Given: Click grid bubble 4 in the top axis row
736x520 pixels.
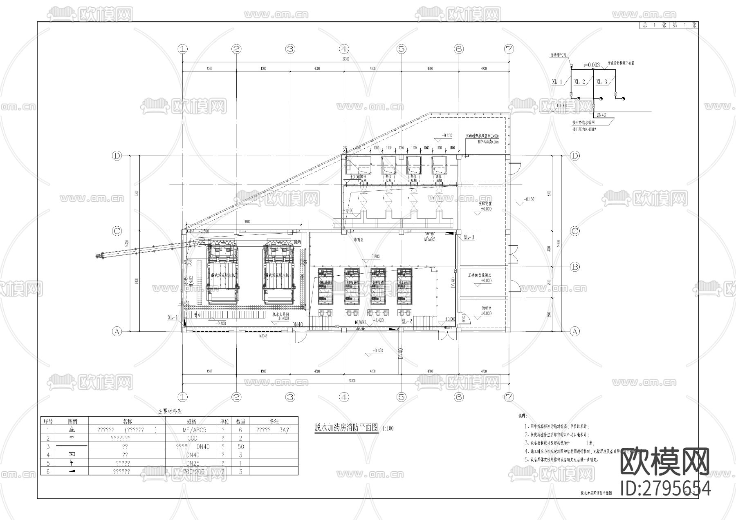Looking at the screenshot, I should tap(344, 49).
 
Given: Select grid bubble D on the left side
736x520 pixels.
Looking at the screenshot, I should tap(117, 156).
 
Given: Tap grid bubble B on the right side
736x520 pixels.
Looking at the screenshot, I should tap(575, 267).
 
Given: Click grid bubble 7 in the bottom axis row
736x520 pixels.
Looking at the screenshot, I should tap(509, 397).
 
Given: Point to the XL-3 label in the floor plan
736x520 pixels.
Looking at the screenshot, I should tap(469, 237).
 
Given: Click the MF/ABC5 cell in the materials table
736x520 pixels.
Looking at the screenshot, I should tap(194, 430).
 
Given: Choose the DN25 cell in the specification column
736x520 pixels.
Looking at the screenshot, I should tap(193, 463).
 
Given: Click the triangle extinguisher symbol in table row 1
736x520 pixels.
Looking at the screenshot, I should tap(72, 430).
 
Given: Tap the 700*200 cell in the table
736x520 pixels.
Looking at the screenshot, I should tap(194, 471).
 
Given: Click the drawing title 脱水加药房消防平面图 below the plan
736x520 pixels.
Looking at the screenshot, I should tap(346, 428).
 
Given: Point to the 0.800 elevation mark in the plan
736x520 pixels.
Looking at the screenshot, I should tap(375, 257).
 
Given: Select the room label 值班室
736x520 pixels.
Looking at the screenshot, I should tap(486, 309).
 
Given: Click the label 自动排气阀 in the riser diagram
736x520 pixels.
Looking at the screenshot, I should tap(558, 54).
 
